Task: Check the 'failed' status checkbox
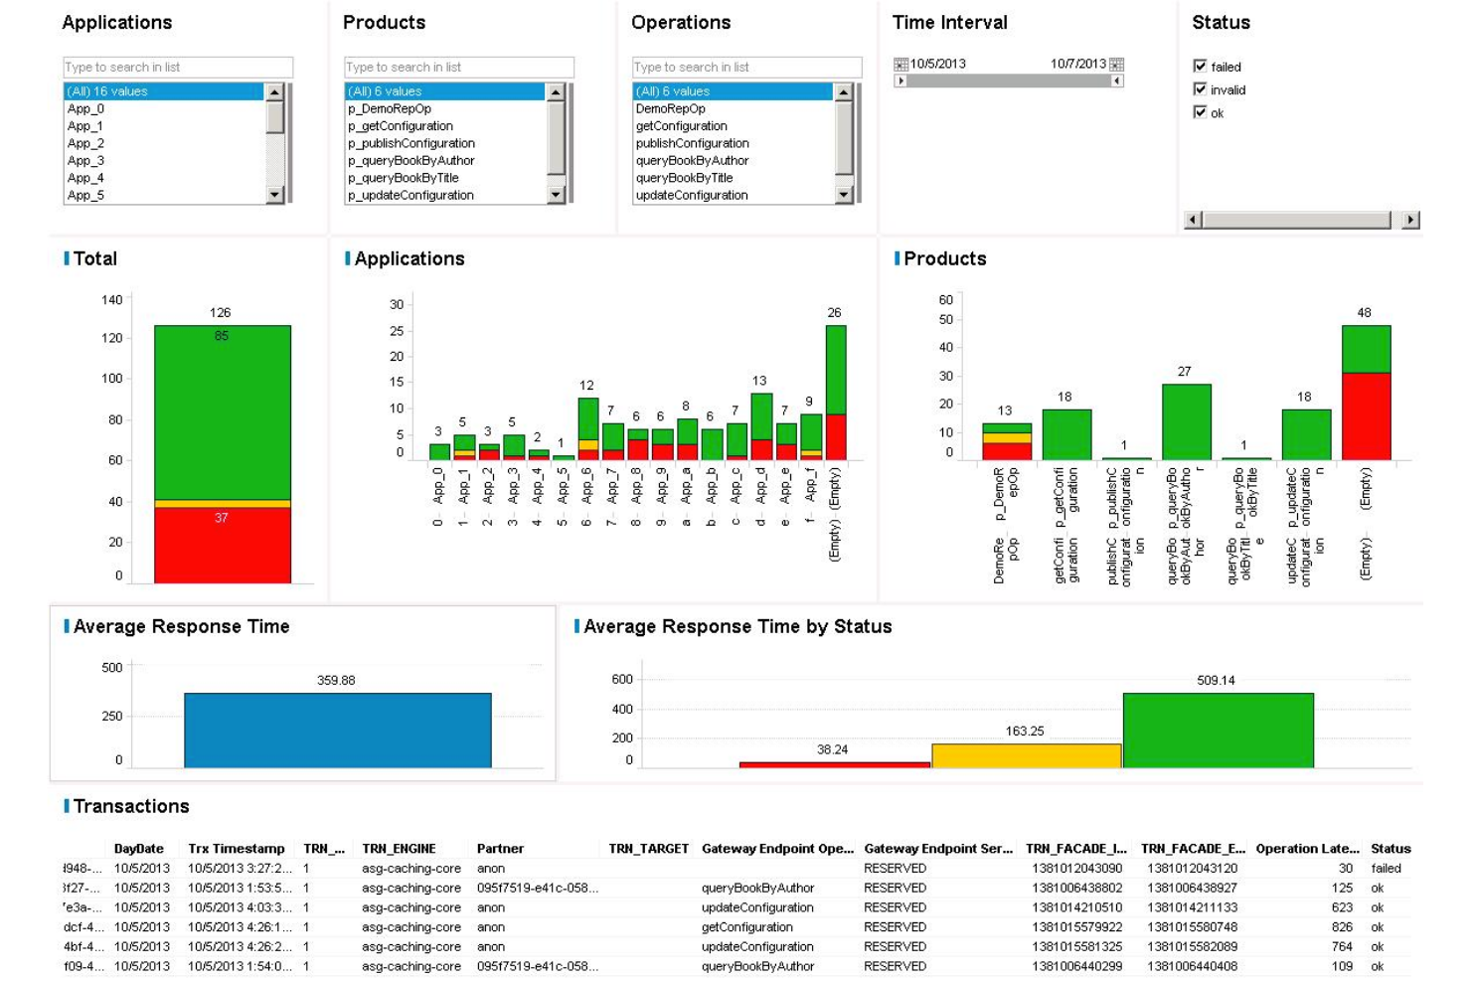(x=1200, y=67)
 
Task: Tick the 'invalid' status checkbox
(x=1200, y=89)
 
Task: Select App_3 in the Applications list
(x=86, y=160)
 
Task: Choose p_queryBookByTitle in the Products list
(x=404, y=178)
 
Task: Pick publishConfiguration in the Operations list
(x=692, y=143)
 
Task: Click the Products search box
(x=458, y=67)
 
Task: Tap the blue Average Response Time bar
(x=337, y=730)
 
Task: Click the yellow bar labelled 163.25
(x=1026, y=755)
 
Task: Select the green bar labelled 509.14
(x=1218, y=730)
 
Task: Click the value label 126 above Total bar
(x=221, y=312)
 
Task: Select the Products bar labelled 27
(x=1186, y=421)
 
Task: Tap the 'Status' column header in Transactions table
(x=1389, y=848)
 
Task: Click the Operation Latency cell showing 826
(x=1342, y=926)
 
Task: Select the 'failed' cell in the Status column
(x=1386, y=868)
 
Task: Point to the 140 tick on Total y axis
(x=111, y=299)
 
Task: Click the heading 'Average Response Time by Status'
(x=737, y=626)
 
